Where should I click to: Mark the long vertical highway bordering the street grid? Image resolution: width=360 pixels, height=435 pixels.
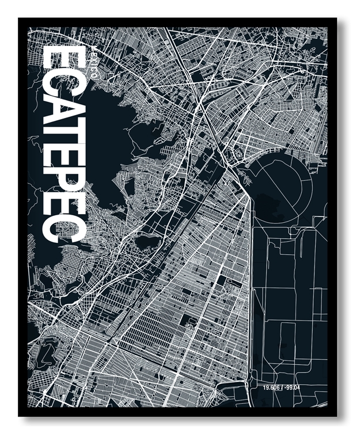(252, 288)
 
